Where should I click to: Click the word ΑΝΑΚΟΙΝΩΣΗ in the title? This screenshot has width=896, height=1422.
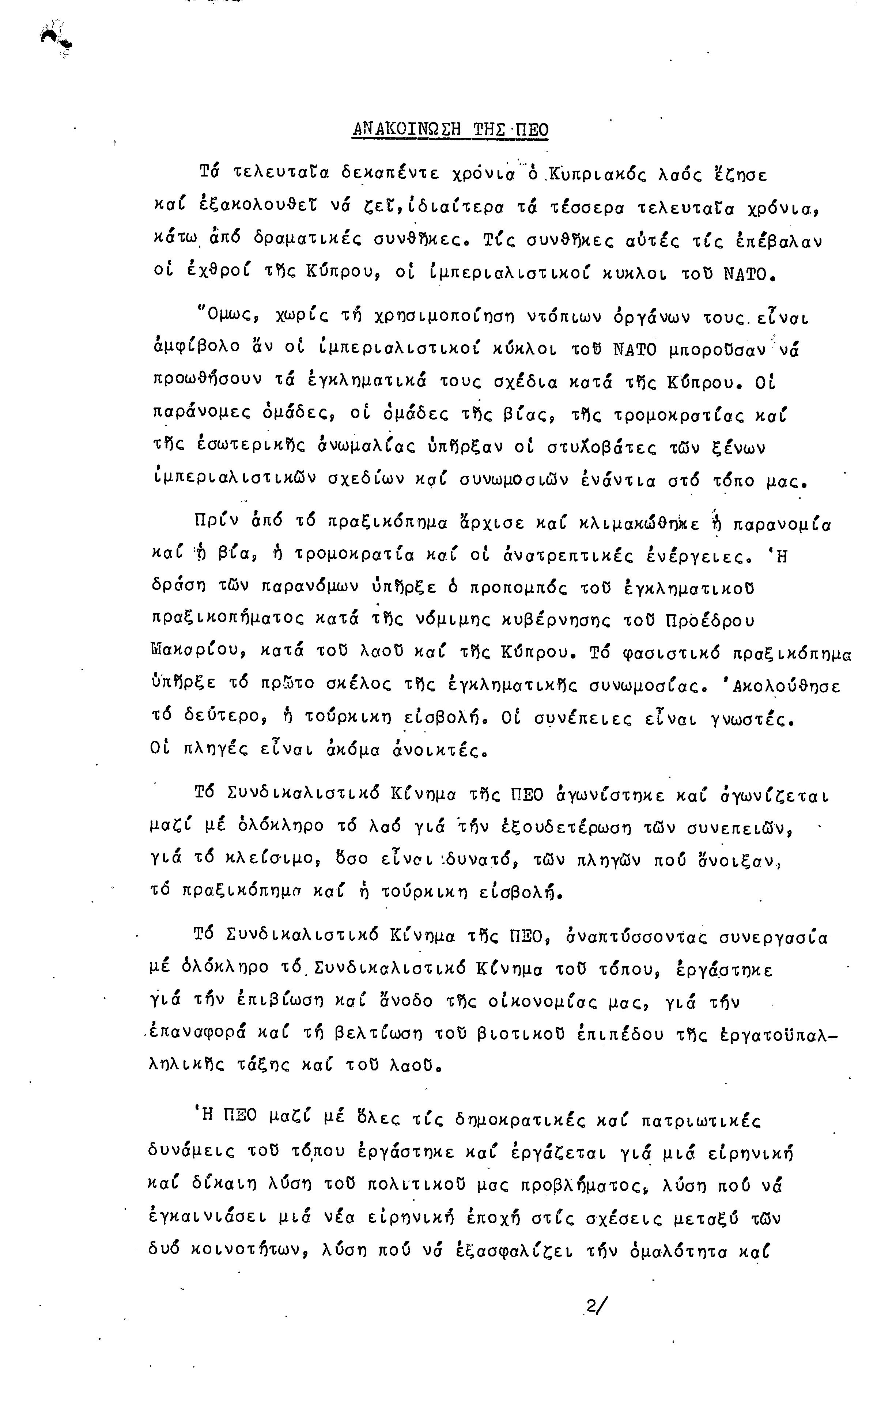[407, 129]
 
